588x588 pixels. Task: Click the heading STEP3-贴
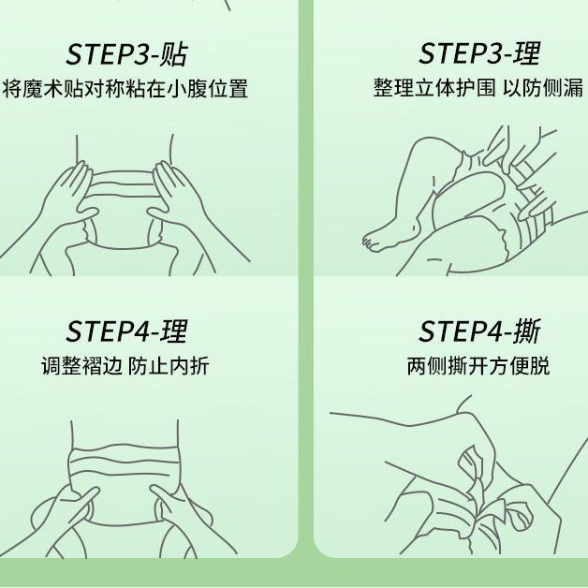click(x=126, y=55)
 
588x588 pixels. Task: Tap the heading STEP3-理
click(x=479, y=53)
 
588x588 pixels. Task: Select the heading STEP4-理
click(x=126, y=331)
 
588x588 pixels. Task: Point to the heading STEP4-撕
click(x=479, y=331)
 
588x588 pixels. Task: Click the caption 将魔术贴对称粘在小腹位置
click(x=125, y=89)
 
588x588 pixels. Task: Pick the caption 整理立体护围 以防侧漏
click(x=478, y=87)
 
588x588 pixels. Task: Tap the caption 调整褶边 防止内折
click(x=125, y=365)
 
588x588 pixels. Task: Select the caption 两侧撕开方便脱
click(x=478, y=365)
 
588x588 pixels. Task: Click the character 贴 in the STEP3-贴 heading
click(x=173, y=55)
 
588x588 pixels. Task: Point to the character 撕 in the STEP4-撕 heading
click(x=528, y=331)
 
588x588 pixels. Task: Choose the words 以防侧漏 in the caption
click(x=543, y=87)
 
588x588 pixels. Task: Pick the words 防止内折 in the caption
click(x=169, y=365)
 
